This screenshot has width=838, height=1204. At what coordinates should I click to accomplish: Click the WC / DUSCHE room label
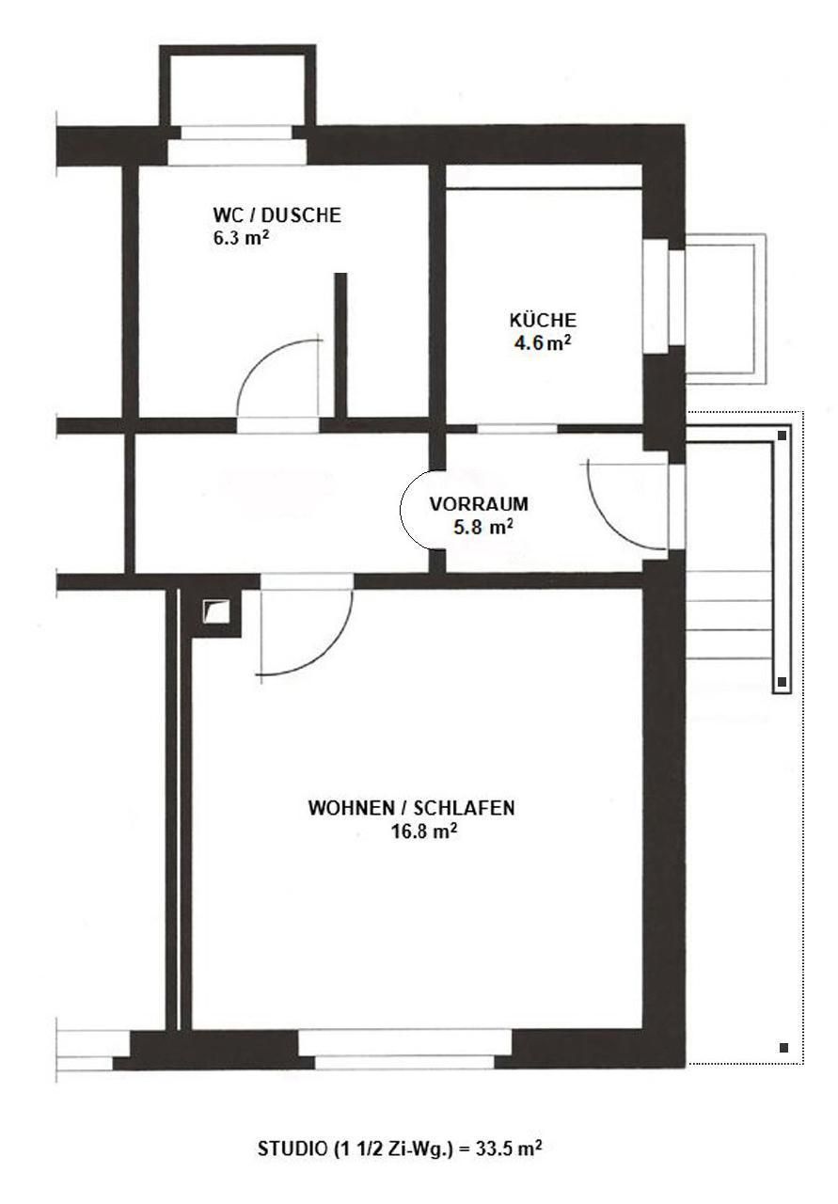(277, 215)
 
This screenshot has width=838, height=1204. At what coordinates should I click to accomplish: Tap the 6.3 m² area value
(241, 238)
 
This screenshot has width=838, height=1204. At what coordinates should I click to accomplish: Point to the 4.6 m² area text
(542, 343)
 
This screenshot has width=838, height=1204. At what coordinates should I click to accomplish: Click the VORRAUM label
(479, 503)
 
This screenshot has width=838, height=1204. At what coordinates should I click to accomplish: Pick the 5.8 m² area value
(483, 528)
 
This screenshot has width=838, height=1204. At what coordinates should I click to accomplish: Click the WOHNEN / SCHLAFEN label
(411, 808)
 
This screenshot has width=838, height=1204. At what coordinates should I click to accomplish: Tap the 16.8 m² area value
(425, 832)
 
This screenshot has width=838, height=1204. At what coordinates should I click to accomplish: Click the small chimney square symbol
(216, 611)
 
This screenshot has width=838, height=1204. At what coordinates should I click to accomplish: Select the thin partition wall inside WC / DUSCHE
(340, 344)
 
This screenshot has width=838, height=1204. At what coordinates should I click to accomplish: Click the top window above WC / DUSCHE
(236, 145)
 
